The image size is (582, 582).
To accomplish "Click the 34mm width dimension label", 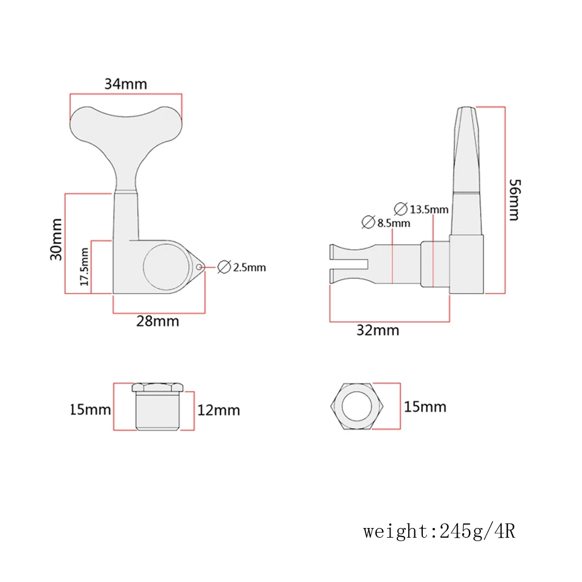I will (x=126, y=84).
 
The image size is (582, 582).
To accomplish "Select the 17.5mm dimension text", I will (x=84, y=267).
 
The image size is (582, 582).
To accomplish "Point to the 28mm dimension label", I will (x=157, y=321).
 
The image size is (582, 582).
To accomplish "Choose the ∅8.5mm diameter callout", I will (x=386, y=222).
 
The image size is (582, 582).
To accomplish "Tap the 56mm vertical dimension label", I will (x=513, y=199).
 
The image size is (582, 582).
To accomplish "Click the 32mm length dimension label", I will (x=377, y=330).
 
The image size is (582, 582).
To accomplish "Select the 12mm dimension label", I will (x=219, y=410).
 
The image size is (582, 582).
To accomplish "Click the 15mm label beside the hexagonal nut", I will (x=425, y=407).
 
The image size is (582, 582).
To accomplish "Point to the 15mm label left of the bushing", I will (x=90, y=409).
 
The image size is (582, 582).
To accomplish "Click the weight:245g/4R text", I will (x=439, y=532).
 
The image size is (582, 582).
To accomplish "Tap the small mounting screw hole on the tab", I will (x=199, y=267).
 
